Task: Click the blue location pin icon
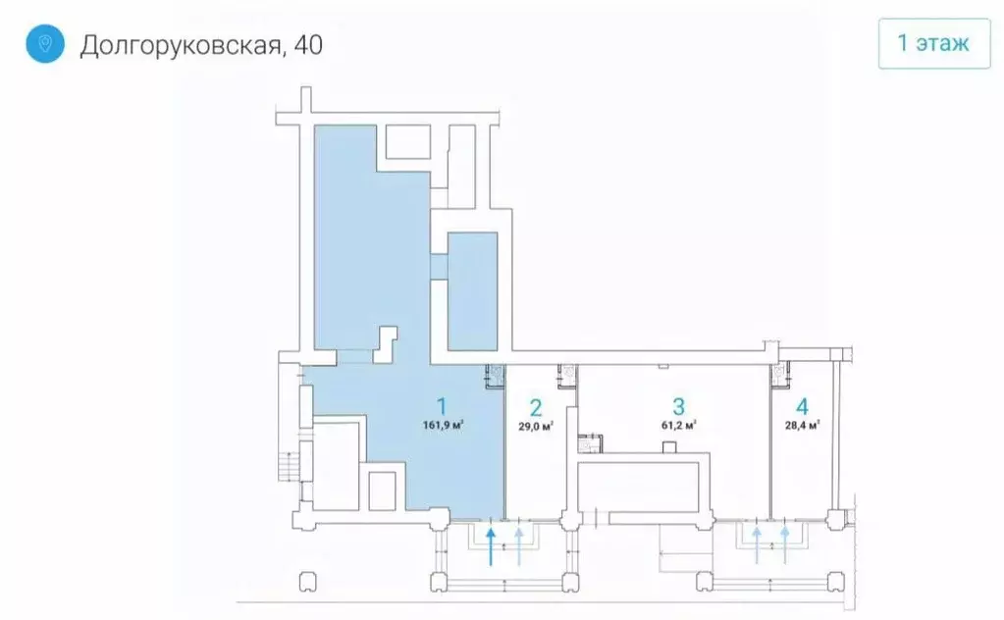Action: [x=44, y=44]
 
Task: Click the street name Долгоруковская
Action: [x=178, y=45]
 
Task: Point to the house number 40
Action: [x=305, y=45]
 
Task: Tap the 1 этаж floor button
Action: [x=933, y=43]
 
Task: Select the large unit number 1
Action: [x=443, y=405]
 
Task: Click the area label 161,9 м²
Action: [x=444, y=426]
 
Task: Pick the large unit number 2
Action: [x=536, y=407]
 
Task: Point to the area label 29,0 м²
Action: [x=536, y=427]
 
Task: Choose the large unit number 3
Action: [x=678, y=406]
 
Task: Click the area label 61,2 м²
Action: [x=678, y=426]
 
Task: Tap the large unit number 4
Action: [x=802, y=406]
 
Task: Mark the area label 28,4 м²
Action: [x=802, y=426]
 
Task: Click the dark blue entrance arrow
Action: [x=491, y=545]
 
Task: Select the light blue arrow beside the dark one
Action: [x=520, y=545]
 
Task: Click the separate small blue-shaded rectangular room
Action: [x=472, y=291]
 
